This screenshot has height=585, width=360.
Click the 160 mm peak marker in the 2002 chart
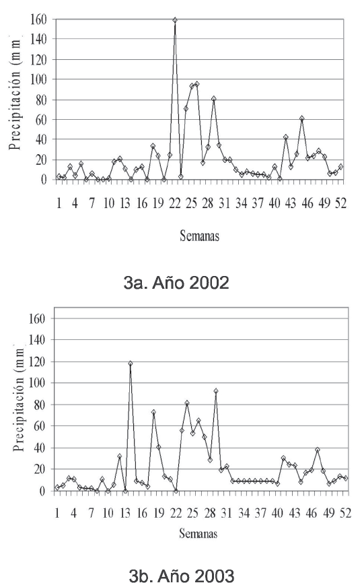point(174,20)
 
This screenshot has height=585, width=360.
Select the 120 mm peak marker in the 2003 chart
point(130,364)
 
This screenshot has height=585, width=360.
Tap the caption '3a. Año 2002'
point(176,283)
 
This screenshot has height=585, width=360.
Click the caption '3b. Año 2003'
point(181,575)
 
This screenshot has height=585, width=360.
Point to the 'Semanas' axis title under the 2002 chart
point(200,236)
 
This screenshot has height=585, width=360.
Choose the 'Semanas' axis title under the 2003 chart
point(198,533)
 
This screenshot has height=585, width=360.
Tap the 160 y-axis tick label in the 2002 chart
point(38,19)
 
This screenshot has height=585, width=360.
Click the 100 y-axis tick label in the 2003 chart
point(36,383)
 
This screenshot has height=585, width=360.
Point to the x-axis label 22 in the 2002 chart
point(175,204)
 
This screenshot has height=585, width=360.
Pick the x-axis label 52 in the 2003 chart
point(345,514)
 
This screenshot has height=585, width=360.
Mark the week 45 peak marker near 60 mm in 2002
point(302,118)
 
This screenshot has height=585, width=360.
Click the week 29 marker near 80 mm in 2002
point(214,99)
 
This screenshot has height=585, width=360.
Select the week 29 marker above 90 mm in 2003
point(215,391)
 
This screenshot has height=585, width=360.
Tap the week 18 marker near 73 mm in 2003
point(153,412)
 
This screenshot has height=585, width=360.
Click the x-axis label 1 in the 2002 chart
point(59,204)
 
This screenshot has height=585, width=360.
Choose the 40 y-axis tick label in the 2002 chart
point(42,139)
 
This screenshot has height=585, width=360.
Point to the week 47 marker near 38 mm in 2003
point(318,450)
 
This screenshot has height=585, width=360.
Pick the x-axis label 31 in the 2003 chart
point(226,514)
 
